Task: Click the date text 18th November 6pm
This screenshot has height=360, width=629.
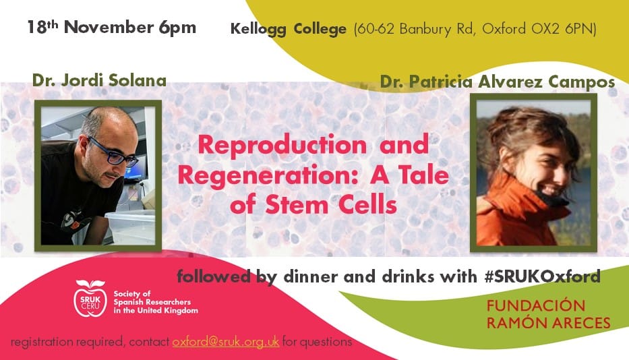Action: [111, 27]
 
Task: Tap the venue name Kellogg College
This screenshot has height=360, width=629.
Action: [288, 29]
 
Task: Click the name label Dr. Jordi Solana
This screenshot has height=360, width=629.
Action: [99, 80]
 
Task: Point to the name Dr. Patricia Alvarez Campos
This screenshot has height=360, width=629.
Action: [498, 82]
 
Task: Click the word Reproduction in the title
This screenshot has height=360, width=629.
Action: [282, 146]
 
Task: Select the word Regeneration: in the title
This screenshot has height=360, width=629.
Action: [268, 176]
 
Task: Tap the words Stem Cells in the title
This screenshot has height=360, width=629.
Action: [331, 204]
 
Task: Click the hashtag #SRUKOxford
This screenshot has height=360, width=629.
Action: [542, 276]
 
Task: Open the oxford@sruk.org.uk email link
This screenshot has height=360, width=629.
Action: [226, 342]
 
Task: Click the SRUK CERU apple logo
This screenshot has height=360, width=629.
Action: [90, 298]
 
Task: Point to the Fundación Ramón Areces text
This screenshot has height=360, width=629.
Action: [548, 314]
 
